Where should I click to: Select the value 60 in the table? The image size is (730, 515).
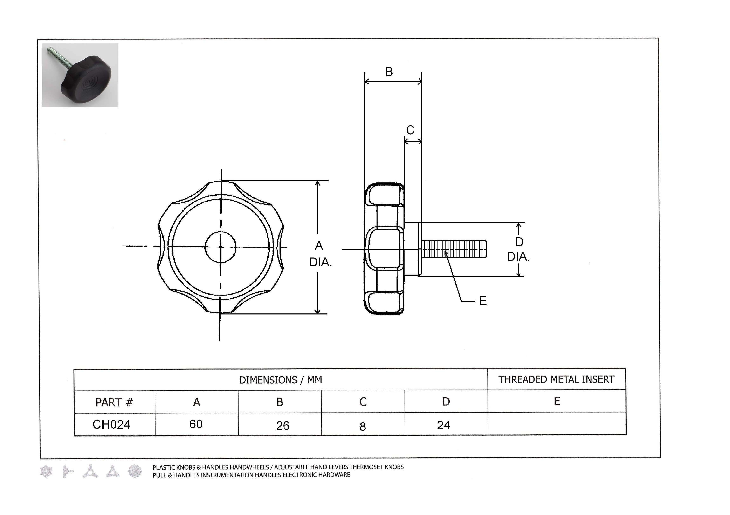(196, 424)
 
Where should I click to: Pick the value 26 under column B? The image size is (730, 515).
(283, 426)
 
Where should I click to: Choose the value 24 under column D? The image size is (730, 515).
(443, 425)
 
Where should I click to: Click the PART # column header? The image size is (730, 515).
(114, 402)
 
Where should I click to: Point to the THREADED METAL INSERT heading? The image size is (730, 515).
(556, 379)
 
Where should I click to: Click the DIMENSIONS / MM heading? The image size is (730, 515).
(281, 380)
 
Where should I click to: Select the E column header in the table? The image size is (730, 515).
(557, 401)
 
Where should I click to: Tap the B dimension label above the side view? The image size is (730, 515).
(389, 72)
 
